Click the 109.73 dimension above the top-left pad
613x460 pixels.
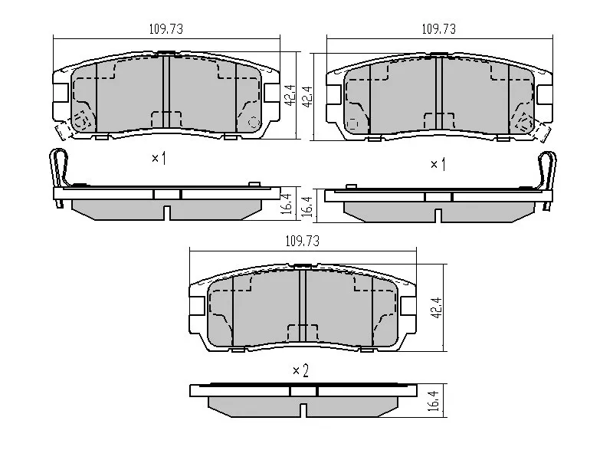tap(166, 28)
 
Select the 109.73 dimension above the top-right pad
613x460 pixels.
tap(439, 28)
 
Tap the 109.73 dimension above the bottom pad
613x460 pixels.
tap(302, 240)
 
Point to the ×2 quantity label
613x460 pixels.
tap(300, 370)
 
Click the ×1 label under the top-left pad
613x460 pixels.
tap(159, 159)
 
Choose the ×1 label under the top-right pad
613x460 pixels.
tap(438, 164)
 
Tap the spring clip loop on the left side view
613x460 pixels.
tap(57, 166)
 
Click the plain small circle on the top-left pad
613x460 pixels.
tap(255, 121)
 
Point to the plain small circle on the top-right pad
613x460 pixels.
tap(353, 123)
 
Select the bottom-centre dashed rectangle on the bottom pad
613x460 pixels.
tap(303, 333)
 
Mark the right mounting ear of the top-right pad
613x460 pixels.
tap(545, 94)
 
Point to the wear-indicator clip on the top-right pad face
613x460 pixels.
tap(525, 123)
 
